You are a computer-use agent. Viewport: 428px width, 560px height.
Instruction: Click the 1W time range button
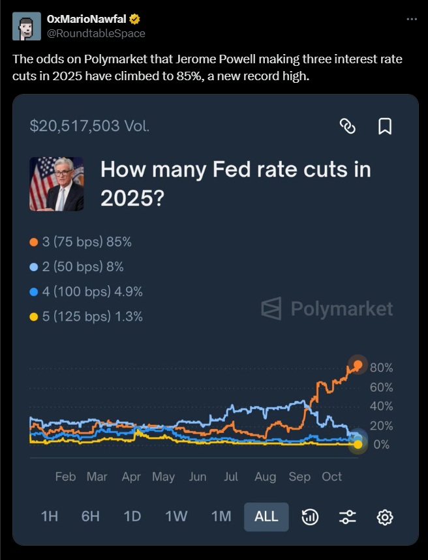click(x=176, y=516)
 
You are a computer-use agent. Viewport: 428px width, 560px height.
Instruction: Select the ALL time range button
click(x=266, y=516)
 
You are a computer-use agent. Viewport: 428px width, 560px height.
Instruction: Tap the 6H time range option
click(x=91, y=516)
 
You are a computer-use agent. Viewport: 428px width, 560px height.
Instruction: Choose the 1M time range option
click(x=221, y=516)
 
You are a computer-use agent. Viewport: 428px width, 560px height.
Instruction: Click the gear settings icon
click(x=385, y=517)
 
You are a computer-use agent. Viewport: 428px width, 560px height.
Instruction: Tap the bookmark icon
click(x=385, y=126)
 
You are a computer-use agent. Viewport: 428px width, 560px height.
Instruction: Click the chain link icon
click(x=348, y=126)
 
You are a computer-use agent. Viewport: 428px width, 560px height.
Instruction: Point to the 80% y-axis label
click(x=381, y=368)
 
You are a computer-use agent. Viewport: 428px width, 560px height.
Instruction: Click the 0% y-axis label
click(x=381, y=445)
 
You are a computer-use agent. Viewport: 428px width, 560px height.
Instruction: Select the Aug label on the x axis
click(x=266, y=477)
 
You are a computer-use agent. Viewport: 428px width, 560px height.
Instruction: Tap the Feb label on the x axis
click(x=65, y=477)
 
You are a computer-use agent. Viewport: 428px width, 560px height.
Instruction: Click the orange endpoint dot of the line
click(x=357, y=364)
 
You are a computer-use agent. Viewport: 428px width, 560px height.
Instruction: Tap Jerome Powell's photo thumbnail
click(x=57, y=183)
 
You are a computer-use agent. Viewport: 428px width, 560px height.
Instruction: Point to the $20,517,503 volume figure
click(x=90, y=126)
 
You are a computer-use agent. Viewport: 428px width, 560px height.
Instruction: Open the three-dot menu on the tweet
click(x=411, y=19)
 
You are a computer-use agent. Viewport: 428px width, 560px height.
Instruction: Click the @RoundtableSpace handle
click(x=97, y=33)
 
